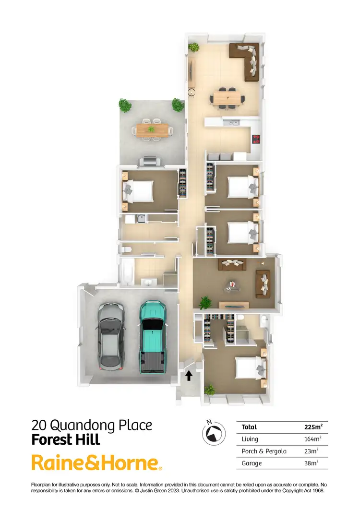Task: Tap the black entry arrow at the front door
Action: pyautogui.click(x=189, y=375)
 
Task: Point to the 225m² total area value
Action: pyautogui.click(x=313, y=427)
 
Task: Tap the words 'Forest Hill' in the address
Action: pyautogui.click(x=65, y=439)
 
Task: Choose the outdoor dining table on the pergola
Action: pyautogui.click(x=153, y=129)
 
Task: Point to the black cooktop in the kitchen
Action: pyautogui.click(x=256, y=139)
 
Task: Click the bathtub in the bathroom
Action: pyautogui.click(x=127, y=272)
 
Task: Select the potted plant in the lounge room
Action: pyautogui.click(x=205, y=302)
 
